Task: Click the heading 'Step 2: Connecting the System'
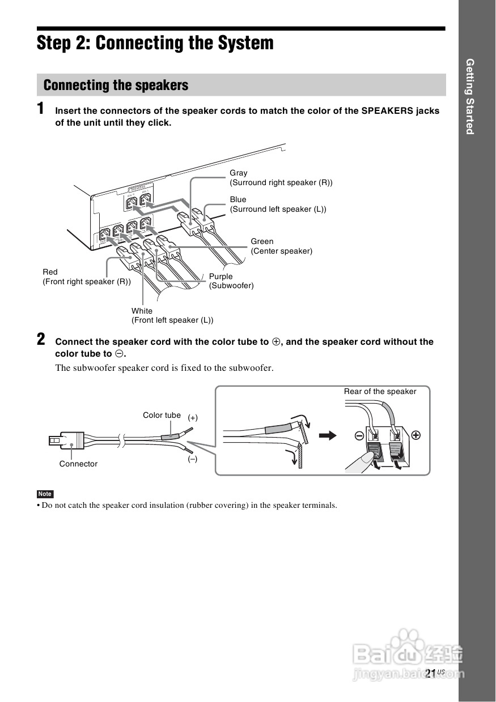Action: pos(155,43)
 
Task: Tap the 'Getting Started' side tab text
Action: pos(469,96)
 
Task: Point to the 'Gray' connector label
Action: pos(239,173)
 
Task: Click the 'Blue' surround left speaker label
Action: pos(238,200)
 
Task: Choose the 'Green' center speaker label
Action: pos(262,242)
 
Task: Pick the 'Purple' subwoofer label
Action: pos(221,277)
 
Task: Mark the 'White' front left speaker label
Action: pos(142,311)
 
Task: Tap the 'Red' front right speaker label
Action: pos(50,272)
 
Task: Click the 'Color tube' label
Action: pos(162,416)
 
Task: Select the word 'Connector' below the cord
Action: pos(78,464)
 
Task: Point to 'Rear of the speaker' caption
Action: pos(380,392)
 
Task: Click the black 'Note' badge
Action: pos(45,494)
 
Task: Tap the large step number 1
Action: pos(41,109)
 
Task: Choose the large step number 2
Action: pos(41,340)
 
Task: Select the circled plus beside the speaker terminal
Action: pos(416,435)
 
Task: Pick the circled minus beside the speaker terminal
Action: pos(359,436)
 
